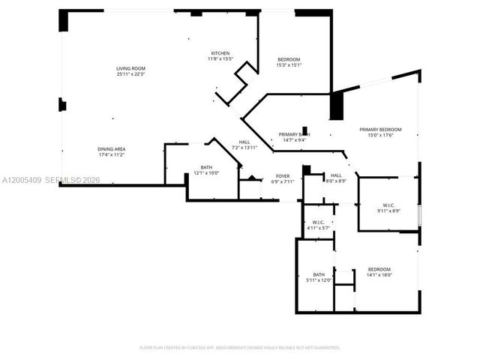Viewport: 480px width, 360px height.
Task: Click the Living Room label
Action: pos(130,68)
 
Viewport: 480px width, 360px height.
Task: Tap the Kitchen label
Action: pos(220,53)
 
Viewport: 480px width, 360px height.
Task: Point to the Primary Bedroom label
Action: pos(380,129)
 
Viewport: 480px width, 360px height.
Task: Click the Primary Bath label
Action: pos(294,133)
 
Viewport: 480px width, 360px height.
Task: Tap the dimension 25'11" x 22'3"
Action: pos(130,74)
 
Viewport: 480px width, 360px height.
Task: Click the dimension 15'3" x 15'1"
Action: pos(289,65)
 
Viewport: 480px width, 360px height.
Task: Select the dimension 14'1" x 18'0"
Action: pos(379,275)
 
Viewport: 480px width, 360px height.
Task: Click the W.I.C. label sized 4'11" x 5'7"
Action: pos(318,223)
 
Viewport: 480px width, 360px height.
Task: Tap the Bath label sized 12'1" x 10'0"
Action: pos(206,167)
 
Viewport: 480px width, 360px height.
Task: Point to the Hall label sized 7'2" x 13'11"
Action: pos(244,142)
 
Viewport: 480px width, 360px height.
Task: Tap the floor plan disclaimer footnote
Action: pos(240,348)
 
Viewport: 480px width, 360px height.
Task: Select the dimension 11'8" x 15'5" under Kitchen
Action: pos(220,59)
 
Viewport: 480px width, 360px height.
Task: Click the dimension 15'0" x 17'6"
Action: pos(380,135)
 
